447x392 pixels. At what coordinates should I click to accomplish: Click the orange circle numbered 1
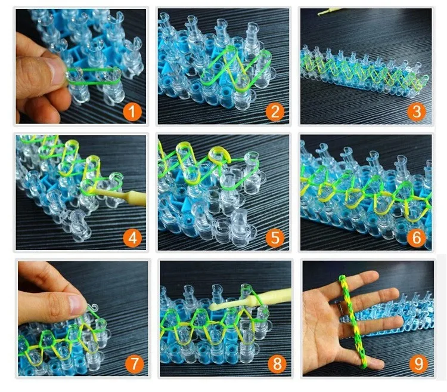point(132,112)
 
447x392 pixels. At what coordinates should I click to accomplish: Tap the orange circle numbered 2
point(275,112)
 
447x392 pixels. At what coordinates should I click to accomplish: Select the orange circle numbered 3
point(416,112)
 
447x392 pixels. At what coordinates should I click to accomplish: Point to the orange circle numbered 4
point(132,237)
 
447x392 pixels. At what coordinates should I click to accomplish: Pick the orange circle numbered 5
point(275,237)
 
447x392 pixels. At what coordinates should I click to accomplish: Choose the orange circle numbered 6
point(416,237)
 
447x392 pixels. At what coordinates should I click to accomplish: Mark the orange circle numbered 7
point(135,364)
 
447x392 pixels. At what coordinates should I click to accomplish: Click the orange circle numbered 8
point(277,364)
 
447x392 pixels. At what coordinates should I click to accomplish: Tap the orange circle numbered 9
point(418,364)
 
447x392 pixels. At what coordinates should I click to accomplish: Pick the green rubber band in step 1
point(94,76)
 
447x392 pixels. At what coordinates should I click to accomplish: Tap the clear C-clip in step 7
point(92,308)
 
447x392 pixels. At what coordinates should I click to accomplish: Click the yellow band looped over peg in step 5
point(219,154)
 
